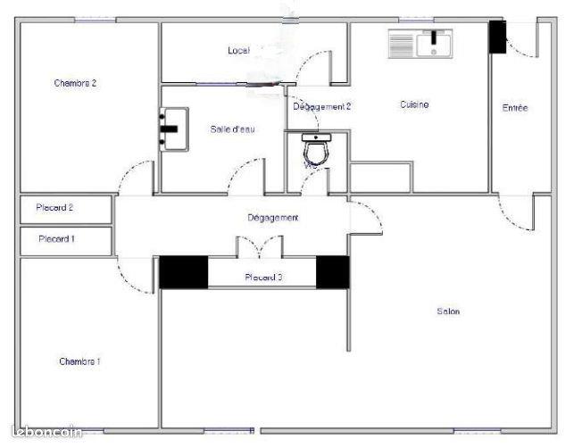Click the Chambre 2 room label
[x=75, y=83]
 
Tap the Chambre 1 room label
[x=79, y=361]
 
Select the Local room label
[x=238, y=51]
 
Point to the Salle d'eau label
[x=233, y=129]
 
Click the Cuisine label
[x=414, y=104]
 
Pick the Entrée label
[x=515, y=108]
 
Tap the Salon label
[x=448, y=311]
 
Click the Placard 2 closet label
[x=54, y=208]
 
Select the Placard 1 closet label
[x=56, y=239]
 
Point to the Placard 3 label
[x=263, y=278]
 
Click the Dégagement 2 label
[x=322, y=106]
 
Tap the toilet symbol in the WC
[x=316, y=148]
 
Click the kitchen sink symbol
[x=420, y=43]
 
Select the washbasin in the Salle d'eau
[x=173, y=127]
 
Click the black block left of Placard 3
[x=184, y=272]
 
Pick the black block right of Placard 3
[x=333, y=272]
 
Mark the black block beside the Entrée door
[x=497, y=37]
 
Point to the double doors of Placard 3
[x=259, y=246]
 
